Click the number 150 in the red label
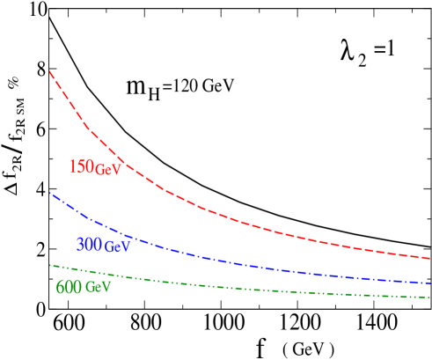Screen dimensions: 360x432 [81, 166]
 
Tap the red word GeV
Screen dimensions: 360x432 [107, 169]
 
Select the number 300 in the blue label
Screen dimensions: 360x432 [89, 245]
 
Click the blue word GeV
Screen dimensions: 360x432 [117, 247]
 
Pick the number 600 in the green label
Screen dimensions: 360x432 [69, 287]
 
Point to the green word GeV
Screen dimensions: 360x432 [98, 287]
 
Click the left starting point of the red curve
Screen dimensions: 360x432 [50, 70]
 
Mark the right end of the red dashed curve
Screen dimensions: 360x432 [429, 259]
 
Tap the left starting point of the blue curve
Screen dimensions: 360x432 [50, 193]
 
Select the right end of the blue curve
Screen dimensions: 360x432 [429, 283]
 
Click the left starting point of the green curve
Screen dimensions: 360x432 [50, 264]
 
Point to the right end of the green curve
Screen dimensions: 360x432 [429, 297]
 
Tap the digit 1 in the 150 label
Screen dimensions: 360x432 [72, 166]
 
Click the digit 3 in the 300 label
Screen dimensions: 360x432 [80, 245]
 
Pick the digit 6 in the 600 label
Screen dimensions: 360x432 [60, 287]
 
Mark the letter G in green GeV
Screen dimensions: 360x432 [90, 287]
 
